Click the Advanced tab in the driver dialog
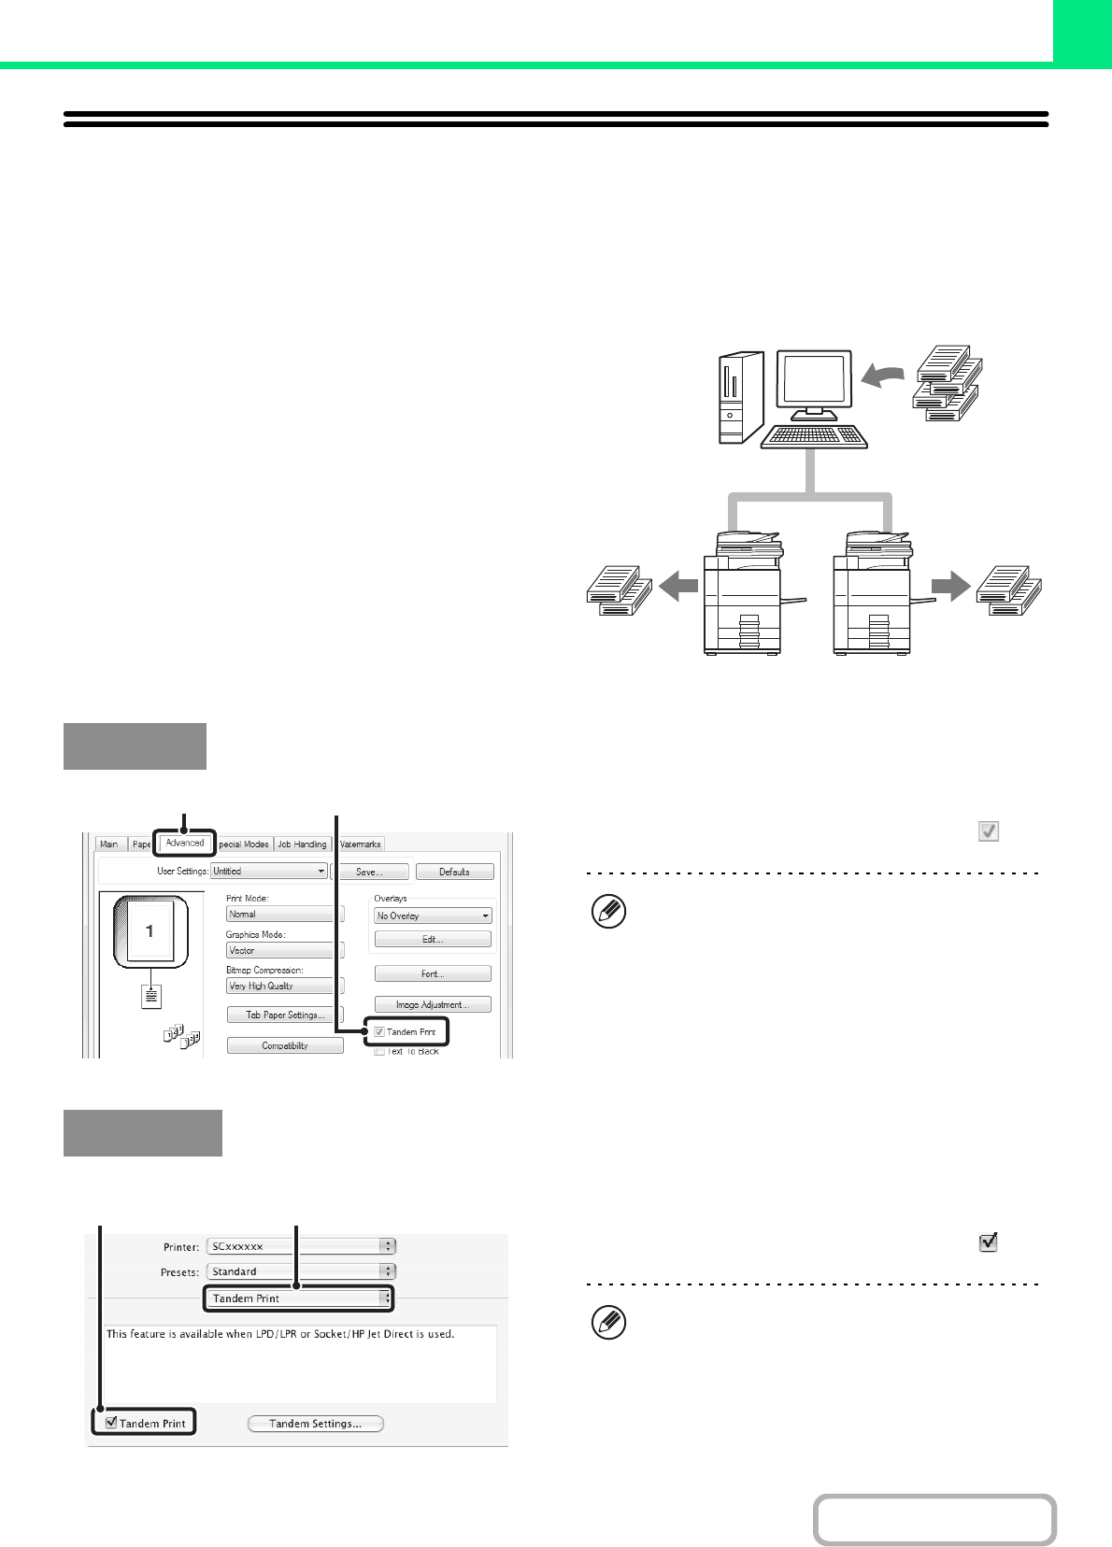185,843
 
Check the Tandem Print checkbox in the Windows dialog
379,1032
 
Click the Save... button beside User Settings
370,872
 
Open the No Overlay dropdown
433,915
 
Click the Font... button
433,973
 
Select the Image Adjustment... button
433,1005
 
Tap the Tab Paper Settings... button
285,1015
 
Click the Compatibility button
285,1045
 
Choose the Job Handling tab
302,844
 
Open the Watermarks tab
360,844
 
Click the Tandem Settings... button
316,1424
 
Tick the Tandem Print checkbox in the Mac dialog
112,1423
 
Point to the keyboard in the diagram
814,436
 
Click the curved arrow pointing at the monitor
883,376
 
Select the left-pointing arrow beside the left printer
678,587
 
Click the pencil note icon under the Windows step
609,912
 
